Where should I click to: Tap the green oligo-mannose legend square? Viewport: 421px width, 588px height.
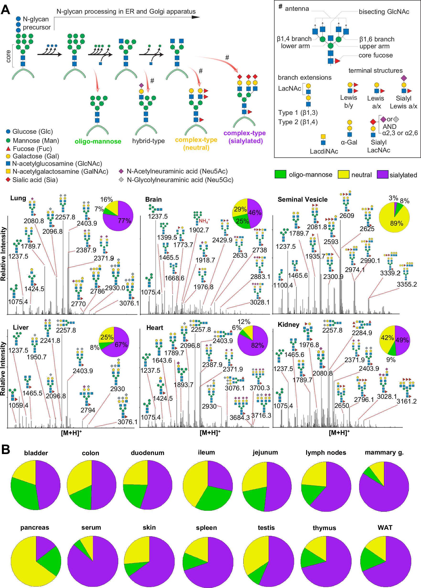click(x=280, y=174)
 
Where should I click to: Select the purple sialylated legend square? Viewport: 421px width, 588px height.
click(x=383, y=174)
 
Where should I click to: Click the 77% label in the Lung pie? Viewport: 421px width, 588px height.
click(x=124, y=221)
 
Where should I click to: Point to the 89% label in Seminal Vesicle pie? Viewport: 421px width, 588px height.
click(x=396, y=223)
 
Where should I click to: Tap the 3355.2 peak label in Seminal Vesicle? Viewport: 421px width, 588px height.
click(x=407, y=284)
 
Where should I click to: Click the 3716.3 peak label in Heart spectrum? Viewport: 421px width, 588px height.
click(x=261, y=415)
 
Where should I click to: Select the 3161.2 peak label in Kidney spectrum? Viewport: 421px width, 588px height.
click(x=406, y=401)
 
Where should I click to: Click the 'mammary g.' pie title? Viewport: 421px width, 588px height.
click(x=384, y=452)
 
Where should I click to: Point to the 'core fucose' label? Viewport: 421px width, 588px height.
click(x=375, y=55)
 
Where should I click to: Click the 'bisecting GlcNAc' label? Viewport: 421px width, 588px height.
click(x=384, y=12)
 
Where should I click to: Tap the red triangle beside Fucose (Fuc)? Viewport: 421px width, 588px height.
click(x=8, y=149)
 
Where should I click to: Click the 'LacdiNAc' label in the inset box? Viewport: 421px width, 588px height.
click(x=324, y=151)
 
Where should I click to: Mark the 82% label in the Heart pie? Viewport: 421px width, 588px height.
click(x=257, y=345)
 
